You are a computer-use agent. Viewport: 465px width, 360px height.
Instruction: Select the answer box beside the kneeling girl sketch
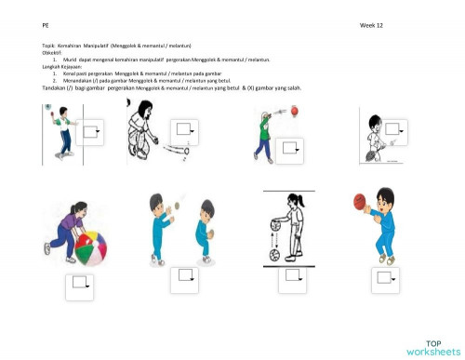186,129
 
